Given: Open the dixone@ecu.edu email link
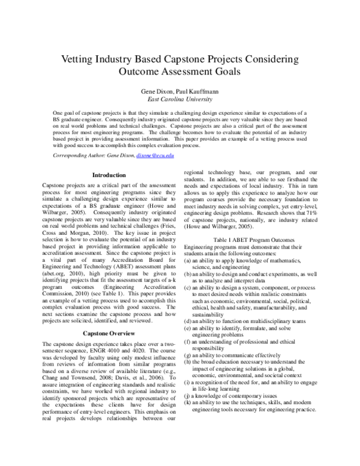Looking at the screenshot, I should (155, 156).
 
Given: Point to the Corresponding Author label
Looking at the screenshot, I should (85, 156).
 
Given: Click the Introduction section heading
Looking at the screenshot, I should (109, 175).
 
